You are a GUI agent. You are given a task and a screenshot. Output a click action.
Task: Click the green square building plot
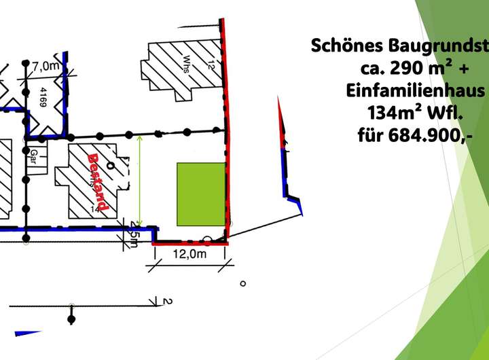coord(201,194)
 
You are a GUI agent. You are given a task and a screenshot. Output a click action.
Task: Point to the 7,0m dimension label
coord(47,66)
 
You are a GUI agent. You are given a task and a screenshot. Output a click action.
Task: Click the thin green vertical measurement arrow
coord(140,180)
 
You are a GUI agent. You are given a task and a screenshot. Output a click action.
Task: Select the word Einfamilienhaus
coord(415,91)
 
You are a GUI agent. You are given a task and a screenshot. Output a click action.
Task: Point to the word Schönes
coord(347,46)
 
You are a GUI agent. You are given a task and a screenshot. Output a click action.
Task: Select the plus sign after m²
coord(475,69)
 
